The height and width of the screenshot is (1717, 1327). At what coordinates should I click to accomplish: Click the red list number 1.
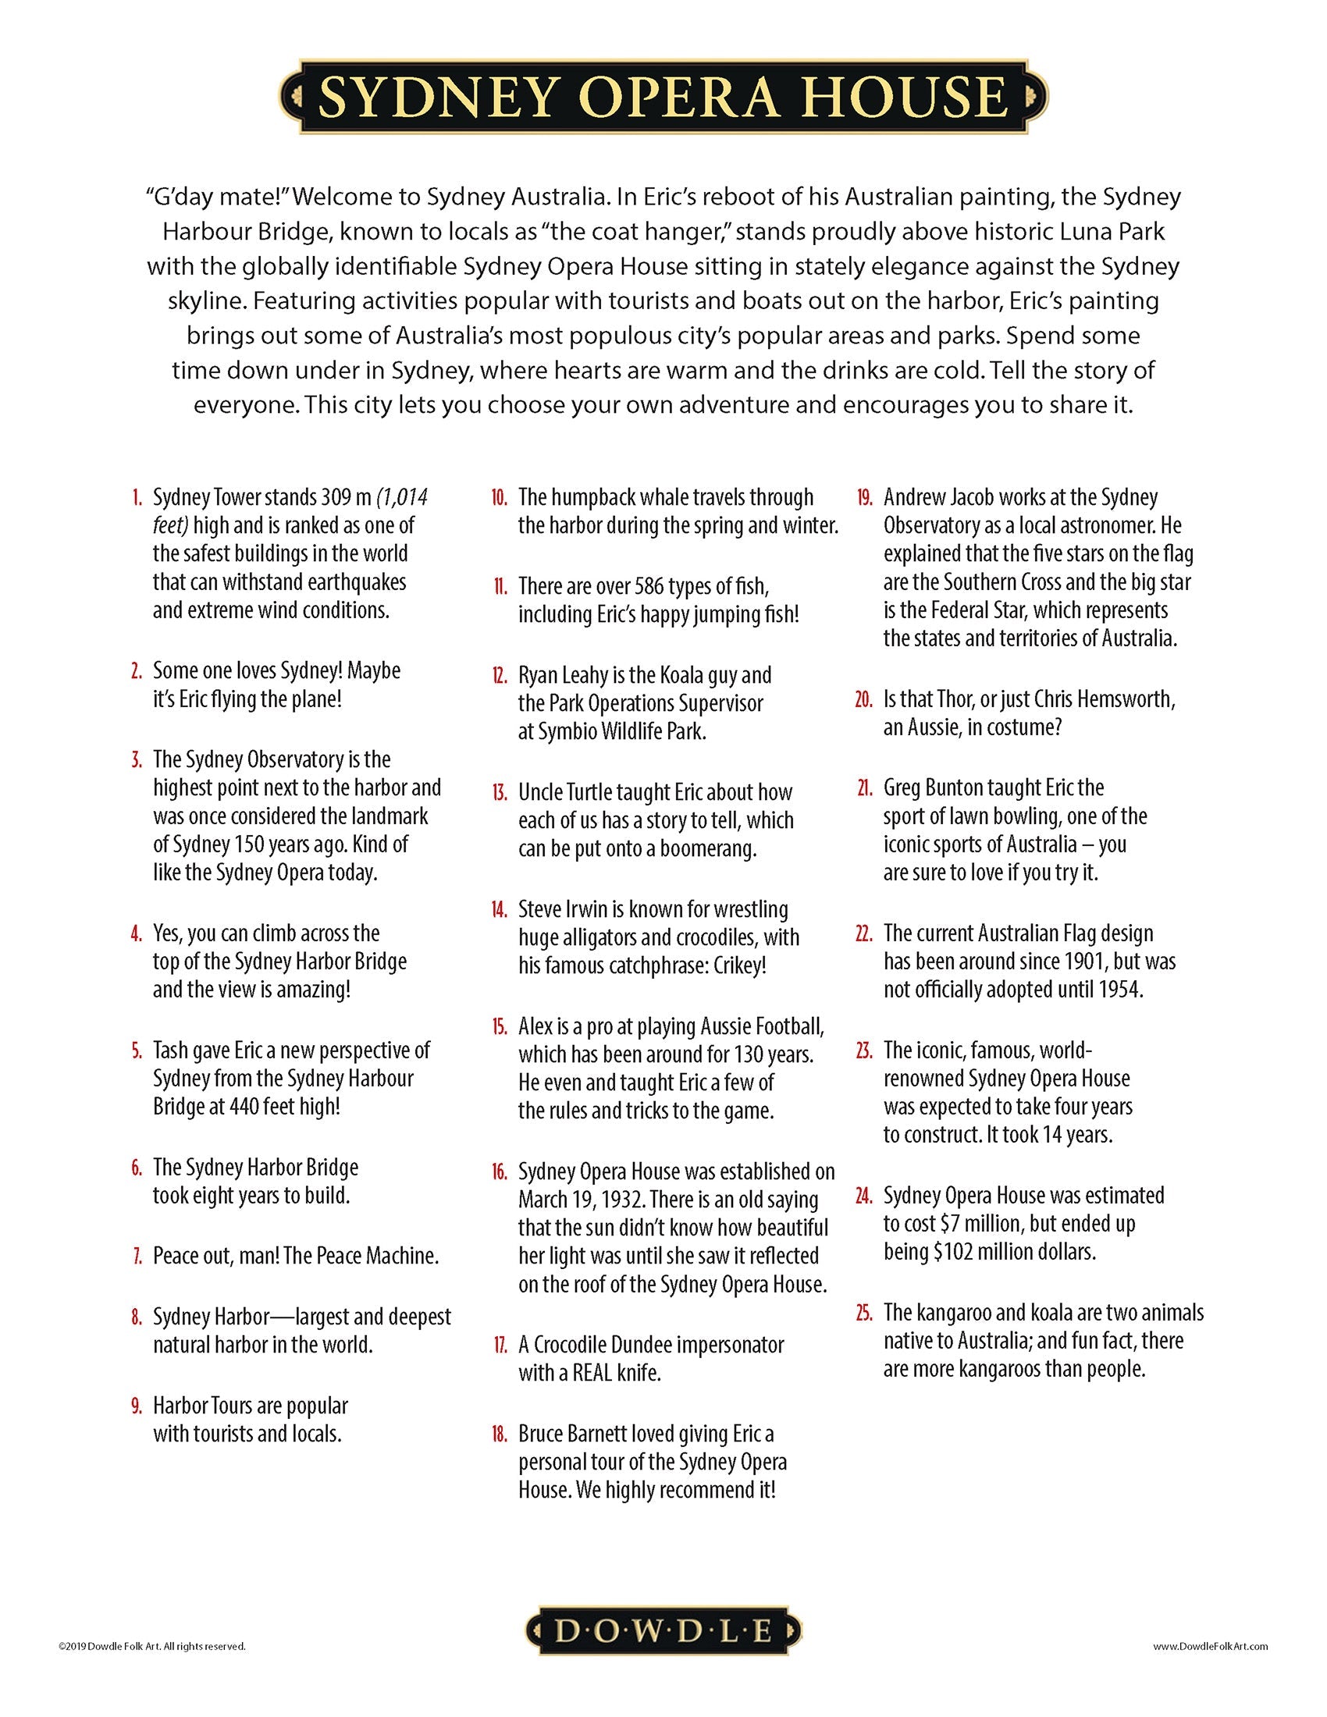[x=137, y=498]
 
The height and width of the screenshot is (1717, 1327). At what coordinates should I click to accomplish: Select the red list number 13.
[x=500, y=792]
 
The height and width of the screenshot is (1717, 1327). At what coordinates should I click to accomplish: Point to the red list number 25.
[x=864, y=1313]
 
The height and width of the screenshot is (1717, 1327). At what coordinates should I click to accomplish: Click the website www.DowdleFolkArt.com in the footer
[x=1210, y=1646]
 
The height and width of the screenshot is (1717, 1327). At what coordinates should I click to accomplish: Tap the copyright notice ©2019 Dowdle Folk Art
[x=151, y=1646]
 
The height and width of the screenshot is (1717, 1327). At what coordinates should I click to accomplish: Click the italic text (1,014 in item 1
[x=402, y=498]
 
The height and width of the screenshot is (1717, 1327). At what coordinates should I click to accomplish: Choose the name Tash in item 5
[x=171, y=1050]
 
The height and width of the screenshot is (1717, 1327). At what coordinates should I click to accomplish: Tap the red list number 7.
[x=137, y=1257]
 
